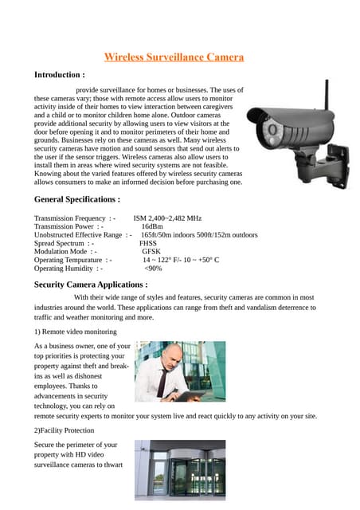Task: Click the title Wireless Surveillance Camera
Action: [174, 57]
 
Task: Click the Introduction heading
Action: [59, 75]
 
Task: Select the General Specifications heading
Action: [77, 199]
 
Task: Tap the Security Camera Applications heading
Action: [90, 284]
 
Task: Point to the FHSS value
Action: [148, 243]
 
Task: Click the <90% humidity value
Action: [153, 269]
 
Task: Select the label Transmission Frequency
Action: [70, 218]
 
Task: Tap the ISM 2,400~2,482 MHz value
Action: [167, 218]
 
